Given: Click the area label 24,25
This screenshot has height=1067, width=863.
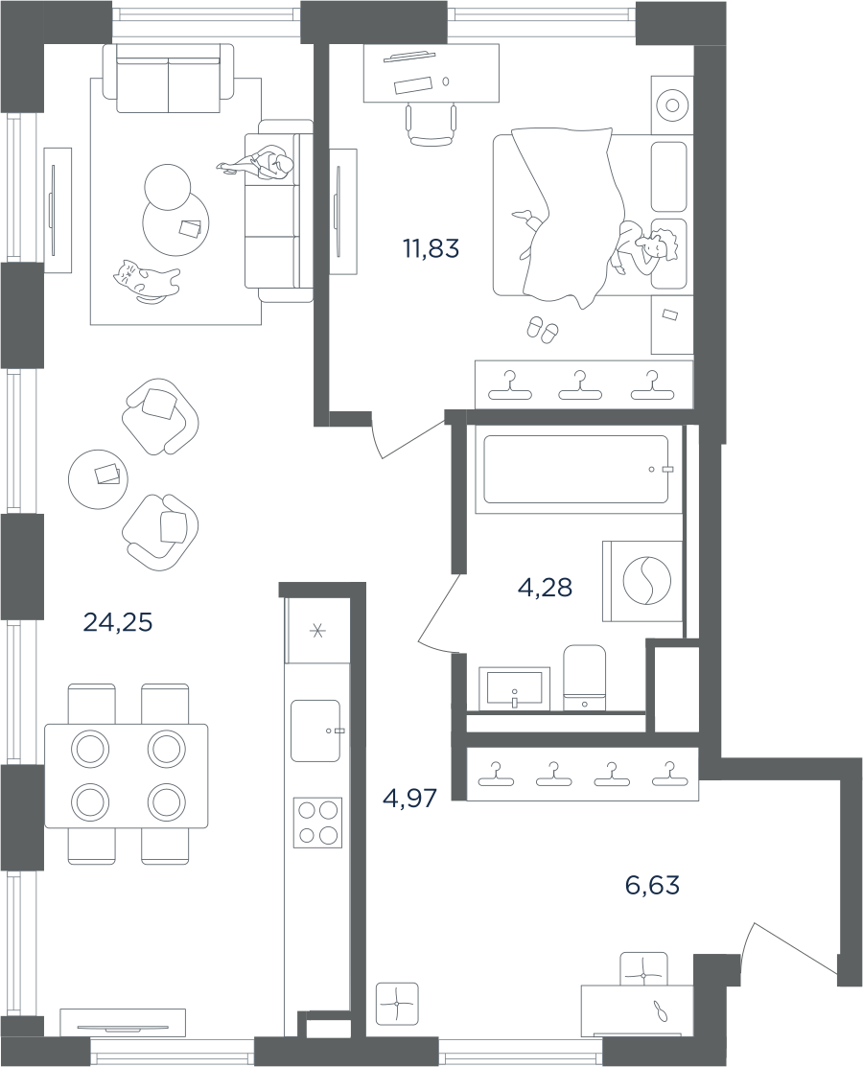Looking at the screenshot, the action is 118,621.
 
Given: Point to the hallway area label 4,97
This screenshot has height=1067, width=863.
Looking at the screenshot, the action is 409,797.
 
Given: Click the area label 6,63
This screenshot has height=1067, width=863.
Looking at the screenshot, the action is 652,885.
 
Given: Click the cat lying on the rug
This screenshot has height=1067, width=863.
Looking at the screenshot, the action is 147,280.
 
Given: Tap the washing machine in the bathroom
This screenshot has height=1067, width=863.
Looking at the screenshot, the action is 642,580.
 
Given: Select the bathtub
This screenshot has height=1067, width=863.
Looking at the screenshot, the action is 576,470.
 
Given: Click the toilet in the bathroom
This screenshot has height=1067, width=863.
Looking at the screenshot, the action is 585,677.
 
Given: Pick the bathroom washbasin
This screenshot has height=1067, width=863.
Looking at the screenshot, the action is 515,688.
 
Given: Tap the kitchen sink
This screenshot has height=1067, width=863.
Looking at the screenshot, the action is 315,731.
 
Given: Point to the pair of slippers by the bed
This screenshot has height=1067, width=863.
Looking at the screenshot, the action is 542,330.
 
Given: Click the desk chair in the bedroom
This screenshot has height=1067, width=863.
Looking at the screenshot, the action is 431,125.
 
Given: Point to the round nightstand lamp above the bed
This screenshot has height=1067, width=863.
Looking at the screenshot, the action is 672,104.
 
